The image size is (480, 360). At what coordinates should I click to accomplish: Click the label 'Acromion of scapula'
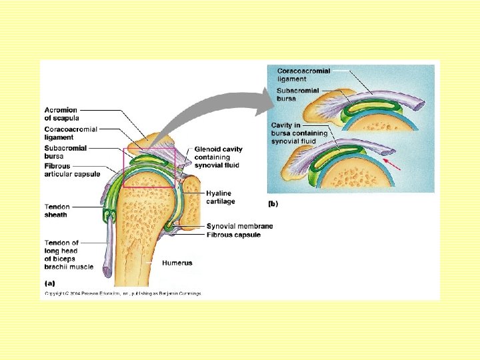pos(61,114)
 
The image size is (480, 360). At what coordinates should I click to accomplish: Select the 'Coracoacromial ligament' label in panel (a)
pos(71,133)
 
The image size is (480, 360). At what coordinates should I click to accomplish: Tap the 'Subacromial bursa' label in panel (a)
pos(65,152)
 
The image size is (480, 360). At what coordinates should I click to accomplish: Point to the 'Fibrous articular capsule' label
pos(72,170)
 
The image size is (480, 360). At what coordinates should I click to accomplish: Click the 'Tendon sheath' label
pos(56,211)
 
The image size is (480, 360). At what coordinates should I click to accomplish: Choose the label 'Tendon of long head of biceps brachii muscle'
pos(69,255)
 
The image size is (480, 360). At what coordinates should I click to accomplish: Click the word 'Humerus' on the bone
pos(177,263)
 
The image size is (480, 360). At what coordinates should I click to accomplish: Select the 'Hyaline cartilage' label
pos(221,197)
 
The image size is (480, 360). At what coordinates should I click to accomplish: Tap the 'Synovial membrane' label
pos(239,227)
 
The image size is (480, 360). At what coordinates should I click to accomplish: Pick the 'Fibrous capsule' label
pos(233,235)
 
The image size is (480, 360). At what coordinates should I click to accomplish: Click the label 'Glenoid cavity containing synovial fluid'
pos(218,157)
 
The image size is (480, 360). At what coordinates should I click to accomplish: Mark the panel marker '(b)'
pos(273,203)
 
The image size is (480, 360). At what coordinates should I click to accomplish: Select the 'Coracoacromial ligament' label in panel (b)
pos(303,75)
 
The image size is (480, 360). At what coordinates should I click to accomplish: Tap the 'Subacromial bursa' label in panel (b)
pos(298,95)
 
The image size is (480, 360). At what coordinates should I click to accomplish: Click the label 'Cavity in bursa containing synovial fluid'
pos(299,133)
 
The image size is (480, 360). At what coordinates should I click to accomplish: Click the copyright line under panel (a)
pos(123,293)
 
